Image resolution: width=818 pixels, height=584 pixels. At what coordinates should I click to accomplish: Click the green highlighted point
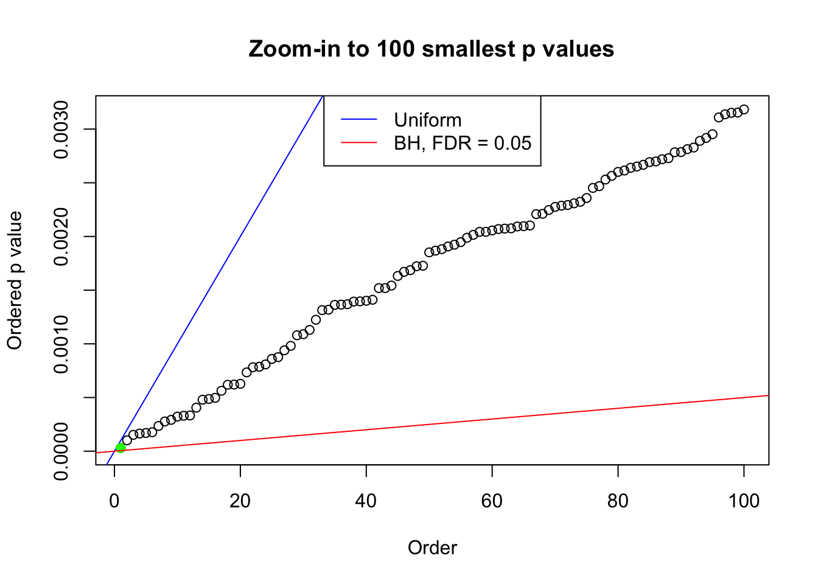point(121,448)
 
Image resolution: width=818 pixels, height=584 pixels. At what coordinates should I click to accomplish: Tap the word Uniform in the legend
point(427,120)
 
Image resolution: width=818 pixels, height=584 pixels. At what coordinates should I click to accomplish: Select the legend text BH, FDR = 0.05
point(463,143)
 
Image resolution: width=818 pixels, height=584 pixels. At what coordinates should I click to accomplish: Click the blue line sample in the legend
point(359,120)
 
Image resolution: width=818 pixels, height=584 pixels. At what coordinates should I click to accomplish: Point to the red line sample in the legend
point(359,143)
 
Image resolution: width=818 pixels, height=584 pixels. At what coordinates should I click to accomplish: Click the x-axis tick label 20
point(240,501)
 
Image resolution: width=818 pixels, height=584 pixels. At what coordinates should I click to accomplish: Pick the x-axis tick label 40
point(366,501)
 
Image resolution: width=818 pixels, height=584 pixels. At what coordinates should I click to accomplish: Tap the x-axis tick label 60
point(492,501)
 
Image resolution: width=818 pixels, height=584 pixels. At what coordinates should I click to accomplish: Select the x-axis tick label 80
point(618,501)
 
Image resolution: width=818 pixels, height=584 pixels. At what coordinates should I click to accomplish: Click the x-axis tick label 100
point(744,501)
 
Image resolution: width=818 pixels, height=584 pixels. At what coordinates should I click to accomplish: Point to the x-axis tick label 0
point(114,501)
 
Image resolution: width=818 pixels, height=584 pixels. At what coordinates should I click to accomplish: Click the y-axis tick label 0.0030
point(61,130)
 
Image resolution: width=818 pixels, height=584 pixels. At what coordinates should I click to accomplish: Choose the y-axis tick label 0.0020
point(61,237)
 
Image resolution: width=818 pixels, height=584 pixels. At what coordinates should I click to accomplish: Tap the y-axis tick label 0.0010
point(61,344)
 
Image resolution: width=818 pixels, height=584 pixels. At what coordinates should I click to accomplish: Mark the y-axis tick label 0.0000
point(61,451)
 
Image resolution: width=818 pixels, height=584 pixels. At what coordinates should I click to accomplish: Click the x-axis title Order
point(432,547)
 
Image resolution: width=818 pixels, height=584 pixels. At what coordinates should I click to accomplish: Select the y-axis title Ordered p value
point(15,280)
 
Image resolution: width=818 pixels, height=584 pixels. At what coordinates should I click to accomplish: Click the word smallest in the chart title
point(468,49)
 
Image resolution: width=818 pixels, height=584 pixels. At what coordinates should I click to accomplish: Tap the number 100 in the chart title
point(396,49)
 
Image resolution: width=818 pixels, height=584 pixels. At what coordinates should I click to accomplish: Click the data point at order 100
point(744,109)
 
